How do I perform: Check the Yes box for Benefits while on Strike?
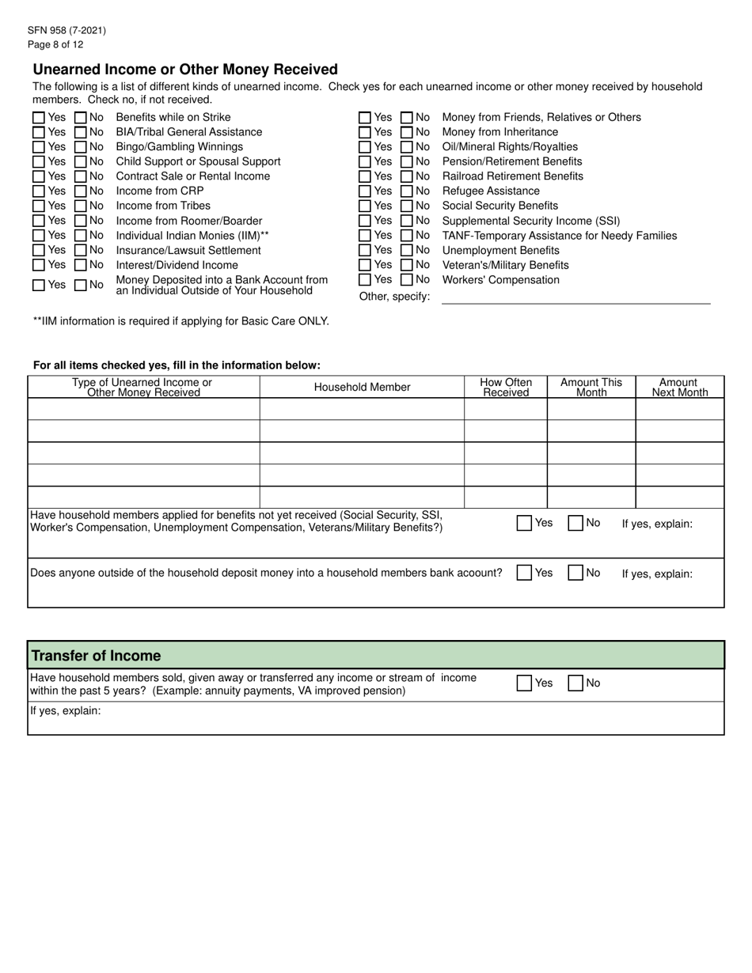pos(39,117)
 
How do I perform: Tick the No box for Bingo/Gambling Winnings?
pos(81,147)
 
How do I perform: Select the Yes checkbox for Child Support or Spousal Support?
pos(39,161)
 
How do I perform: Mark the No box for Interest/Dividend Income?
pos(81,265)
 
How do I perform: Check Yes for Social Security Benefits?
pos(365,206)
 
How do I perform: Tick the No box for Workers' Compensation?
pos(407,280)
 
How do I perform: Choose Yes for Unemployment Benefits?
pos(365,251)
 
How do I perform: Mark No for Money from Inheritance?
pos(407,132)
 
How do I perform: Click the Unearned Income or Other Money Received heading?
pos(185,70)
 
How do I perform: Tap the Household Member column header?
pos(362,387)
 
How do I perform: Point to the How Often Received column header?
pos(506,387)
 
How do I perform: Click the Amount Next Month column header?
pos(679,387)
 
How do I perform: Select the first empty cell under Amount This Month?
pos(591,409)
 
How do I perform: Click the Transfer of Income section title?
pos(96,656)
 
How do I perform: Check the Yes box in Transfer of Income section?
pos(524,683)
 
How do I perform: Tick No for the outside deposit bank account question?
pos(576,574)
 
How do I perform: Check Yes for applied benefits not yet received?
pos(524,523)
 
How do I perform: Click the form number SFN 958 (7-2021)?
pos(66,31)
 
